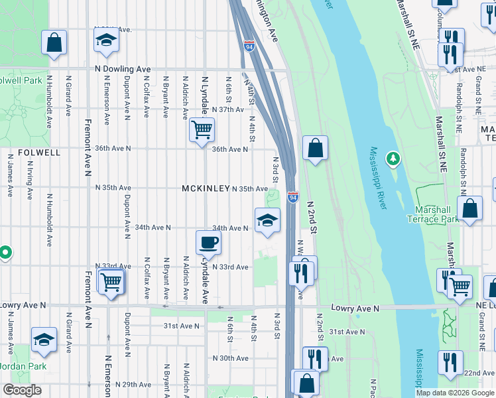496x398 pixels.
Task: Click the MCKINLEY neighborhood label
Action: (x=206, y=189)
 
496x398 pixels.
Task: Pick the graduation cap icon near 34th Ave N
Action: (x=267, y=220)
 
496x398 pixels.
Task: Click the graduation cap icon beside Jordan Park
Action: (x=44, y=340)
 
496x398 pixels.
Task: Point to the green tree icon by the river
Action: (x=394, y=158)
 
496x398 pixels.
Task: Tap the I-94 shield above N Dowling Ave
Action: (x=249, y=46)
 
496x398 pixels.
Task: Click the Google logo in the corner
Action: (x=22, y=390)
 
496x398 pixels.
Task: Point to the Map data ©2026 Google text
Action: (x=454, y=393)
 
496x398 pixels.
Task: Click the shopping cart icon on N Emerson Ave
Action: (x=111, y=281)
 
